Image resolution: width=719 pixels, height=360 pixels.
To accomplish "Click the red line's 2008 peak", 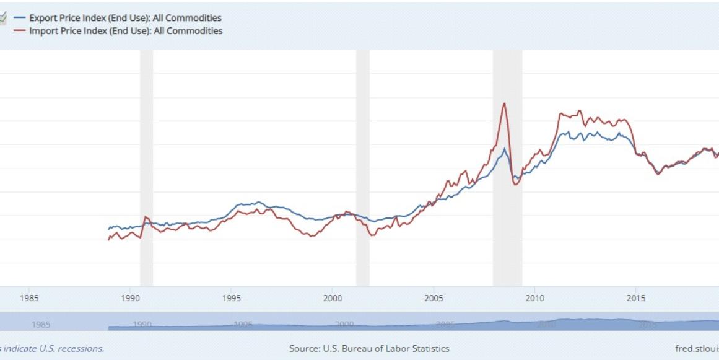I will pos(505,103).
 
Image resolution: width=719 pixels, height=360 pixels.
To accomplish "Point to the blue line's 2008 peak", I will pos(505,149).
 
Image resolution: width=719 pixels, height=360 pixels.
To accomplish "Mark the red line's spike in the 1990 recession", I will pos(146,217).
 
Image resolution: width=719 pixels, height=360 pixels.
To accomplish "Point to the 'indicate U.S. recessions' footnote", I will pos(52,349).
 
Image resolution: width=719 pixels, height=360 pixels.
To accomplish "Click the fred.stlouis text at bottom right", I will pos(697,349).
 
